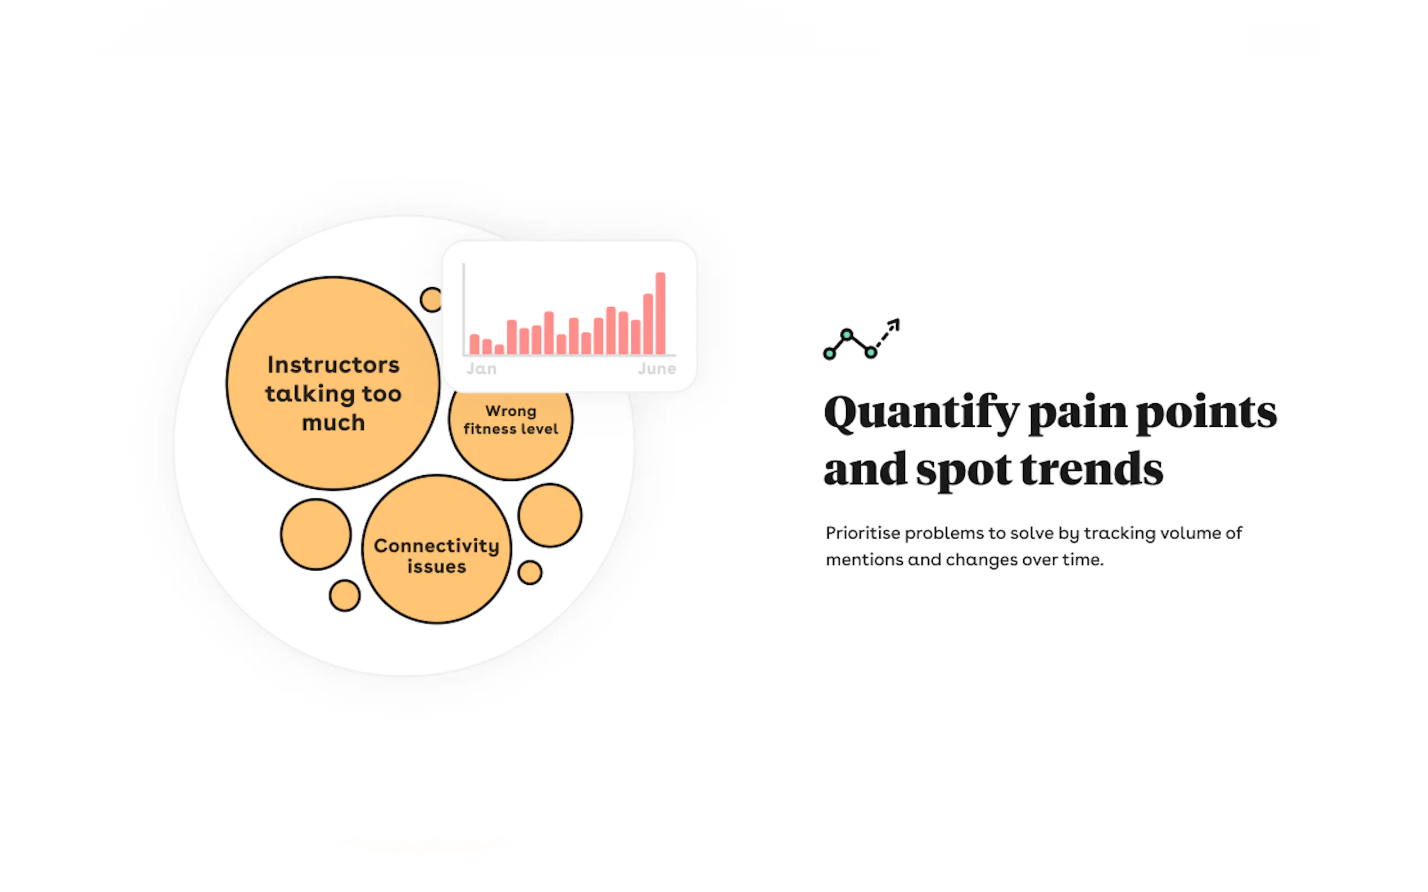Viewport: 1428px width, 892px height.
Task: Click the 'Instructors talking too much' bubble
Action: pyautogui.click(x=333, y=384)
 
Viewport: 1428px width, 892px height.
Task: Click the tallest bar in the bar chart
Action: pyautogui.click(x=661, y=313)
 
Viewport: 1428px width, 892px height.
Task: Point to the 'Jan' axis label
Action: pyautogui.click(x=481, y=369)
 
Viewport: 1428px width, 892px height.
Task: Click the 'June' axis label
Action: pyautogui.click(x=657, y=369)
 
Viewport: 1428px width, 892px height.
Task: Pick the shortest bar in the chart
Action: pyautogui.click(x=499, y=349)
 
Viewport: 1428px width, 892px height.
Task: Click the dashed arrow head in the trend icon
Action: pyautogui.click(x=895, y=324)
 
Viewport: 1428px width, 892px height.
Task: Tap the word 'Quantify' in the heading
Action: pyautogui.click(x=921, y=413)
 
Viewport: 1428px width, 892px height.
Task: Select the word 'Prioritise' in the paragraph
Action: pyautogui.click(x=863, y=533)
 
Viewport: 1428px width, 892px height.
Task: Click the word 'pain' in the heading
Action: pyautogui.click(x=1077, y=413)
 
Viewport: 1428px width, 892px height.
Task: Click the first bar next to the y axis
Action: pyautogui.click(x=475, y=344)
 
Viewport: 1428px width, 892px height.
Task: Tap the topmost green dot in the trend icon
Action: pyautogui.click(x=847, y=335)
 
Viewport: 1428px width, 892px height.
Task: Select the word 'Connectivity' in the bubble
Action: pyautogui.click(x=437, y=545)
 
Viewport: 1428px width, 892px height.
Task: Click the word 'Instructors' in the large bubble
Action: pyautogui.click(x=333, y=365)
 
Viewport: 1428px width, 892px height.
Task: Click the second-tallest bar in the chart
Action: pyautogui.click(x=648, y=324)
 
